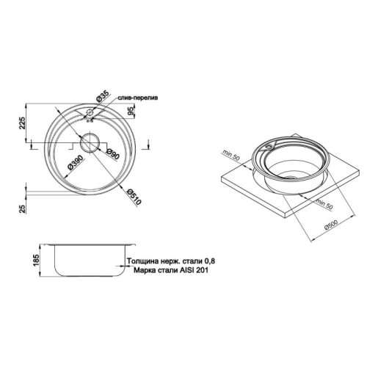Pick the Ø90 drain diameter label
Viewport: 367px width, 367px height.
112,154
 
